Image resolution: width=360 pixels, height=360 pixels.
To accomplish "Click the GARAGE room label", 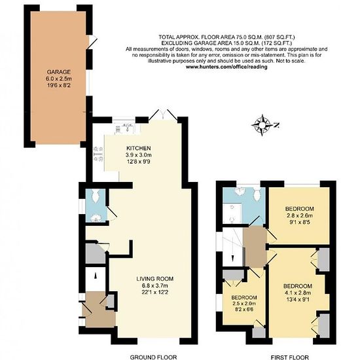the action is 58,72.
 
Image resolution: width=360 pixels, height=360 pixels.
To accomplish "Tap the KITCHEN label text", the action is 139,149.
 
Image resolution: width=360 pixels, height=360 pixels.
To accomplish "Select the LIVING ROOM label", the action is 155,279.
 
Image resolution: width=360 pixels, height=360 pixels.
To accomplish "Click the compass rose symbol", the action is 262,125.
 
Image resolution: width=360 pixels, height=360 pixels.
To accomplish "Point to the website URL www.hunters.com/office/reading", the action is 226,67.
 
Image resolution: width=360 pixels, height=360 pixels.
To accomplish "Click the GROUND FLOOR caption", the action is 153,357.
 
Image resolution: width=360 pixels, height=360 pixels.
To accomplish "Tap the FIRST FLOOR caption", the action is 290,357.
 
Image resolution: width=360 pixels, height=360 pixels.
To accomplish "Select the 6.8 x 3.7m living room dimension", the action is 155,286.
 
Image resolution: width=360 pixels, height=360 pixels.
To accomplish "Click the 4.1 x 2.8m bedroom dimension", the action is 298,293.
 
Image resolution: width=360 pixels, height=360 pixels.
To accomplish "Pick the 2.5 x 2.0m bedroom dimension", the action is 244,304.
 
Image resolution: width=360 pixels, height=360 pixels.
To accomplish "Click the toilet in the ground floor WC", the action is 96,196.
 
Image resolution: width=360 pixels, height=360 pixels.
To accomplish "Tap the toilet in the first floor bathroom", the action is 257,194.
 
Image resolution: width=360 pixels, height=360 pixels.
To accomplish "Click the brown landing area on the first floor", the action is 255,247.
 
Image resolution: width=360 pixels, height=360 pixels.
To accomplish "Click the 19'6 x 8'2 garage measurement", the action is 58,85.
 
